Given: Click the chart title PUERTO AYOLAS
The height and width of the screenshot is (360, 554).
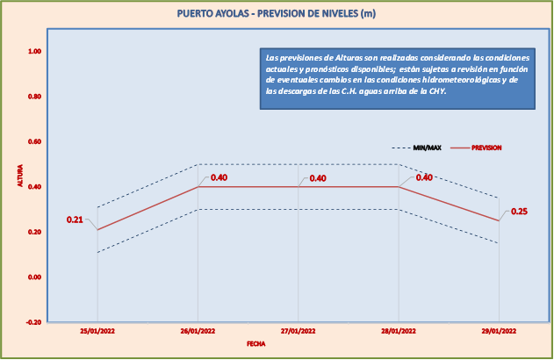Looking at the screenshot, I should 277,13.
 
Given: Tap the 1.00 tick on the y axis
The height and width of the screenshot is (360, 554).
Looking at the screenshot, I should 34,51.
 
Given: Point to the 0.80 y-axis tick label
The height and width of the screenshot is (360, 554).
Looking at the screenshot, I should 34,97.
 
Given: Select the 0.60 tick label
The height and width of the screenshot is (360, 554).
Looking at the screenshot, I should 34,141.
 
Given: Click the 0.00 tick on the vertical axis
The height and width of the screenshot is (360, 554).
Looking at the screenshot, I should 34,277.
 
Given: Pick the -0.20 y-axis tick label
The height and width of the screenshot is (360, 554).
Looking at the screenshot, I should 33,322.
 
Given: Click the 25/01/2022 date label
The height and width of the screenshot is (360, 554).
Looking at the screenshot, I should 97,331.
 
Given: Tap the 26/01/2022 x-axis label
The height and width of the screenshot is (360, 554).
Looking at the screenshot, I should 198,331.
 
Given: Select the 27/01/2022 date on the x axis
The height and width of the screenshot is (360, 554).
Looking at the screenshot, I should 298,331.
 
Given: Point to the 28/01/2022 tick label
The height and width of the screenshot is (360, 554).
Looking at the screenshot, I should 399,331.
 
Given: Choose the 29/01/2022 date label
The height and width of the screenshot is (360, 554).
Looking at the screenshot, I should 499,331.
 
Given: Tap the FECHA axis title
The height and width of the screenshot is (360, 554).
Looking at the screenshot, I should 256,345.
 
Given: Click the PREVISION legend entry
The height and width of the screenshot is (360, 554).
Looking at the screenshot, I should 486,148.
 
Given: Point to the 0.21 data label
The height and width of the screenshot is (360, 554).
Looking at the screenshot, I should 75,220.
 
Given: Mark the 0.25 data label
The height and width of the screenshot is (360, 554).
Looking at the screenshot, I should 519,212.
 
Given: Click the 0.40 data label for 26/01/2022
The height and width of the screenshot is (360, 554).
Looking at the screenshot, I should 219,178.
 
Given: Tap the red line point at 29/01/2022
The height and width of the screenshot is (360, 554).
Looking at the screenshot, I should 499,220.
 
